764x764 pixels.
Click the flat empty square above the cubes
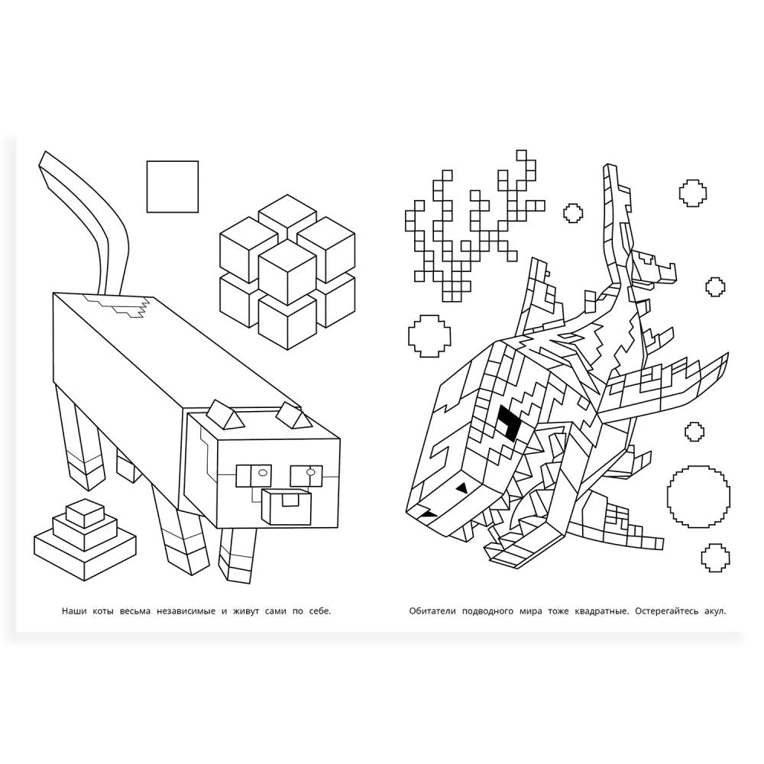(x=173, y=186)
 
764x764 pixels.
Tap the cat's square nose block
(x=286, y=507)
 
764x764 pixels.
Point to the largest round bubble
(x=698, y=497)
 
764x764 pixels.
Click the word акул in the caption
(x=715, y=611)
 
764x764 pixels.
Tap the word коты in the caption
(x=103, y=611)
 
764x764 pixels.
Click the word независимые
(x=186, y=611)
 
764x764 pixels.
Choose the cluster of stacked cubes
(x=287, y=272)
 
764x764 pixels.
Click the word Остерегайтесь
(x=666, y=611)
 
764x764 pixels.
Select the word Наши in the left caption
(x=74, y=611)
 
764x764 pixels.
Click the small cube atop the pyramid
(x=85, y=513)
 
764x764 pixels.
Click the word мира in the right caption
(x=531, y=611)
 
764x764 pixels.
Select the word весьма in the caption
(x=135, y=611)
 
